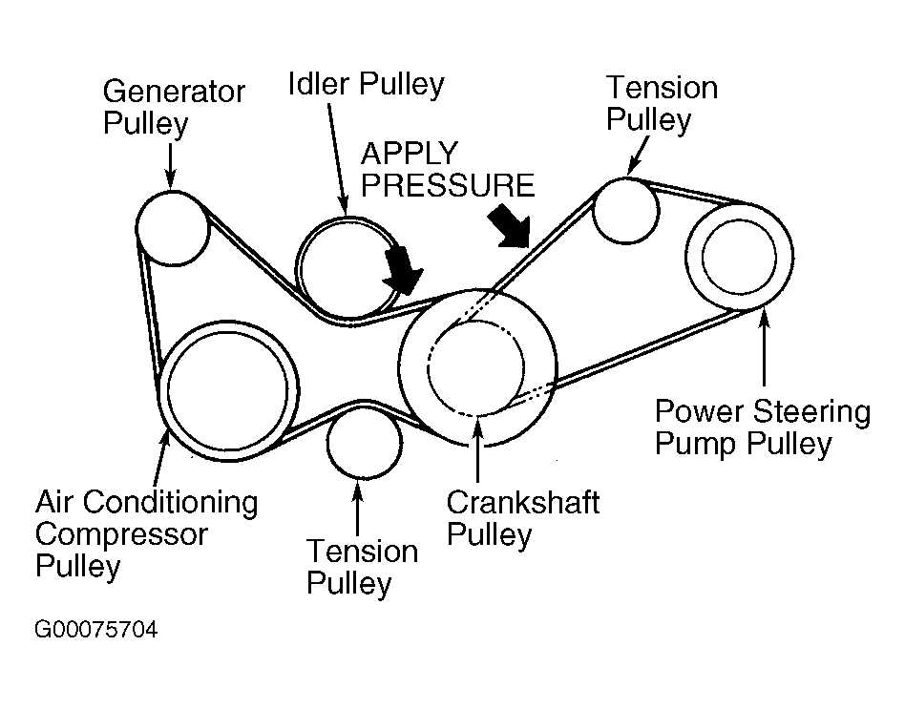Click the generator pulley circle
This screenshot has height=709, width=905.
[172, 226]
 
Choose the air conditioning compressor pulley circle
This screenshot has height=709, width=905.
[229, 388]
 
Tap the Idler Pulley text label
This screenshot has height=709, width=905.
[366, 85]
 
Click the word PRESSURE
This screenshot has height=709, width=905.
[446, 184]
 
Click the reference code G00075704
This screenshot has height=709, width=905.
[95, 631]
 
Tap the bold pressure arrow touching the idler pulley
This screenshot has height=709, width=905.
[401, 269]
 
